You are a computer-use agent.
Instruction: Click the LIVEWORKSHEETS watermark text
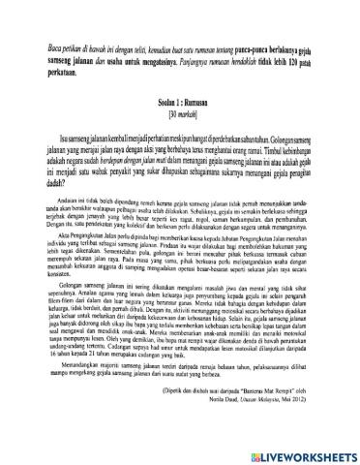click(302, 452)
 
